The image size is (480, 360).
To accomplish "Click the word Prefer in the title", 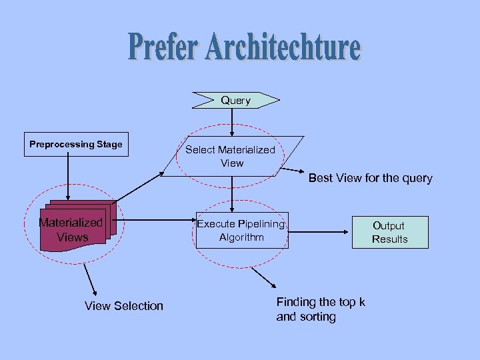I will point(163,47).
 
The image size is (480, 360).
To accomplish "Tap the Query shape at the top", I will point(235,100).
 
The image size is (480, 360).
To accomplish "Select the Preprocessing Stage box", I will point(76,144).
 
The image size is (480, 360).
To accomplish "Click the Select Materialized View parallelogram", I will point(231,156).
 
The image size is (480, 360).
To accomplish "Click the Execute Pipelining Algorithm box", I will point(241,231).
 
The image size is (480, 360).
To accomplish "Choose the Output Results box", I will point(390,232).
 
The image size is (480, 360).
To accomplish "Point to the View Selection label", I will point(124,305).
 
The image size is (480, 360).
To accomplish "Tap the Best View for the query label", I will point(370,178).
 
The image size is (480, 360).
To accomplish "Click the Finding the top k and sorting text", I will point(321,309).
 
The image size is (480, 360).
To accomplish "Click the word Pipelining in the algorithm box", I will point(261,224).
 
